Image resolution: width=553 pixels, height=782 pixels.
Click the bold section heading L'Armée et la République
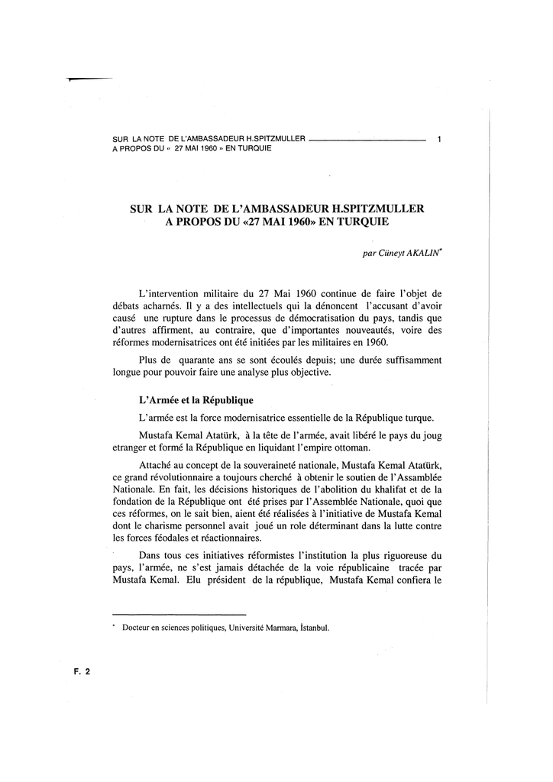tap(196, 400)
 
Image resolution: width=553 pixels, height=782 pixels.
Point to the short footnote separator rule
tap(179, 614)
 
